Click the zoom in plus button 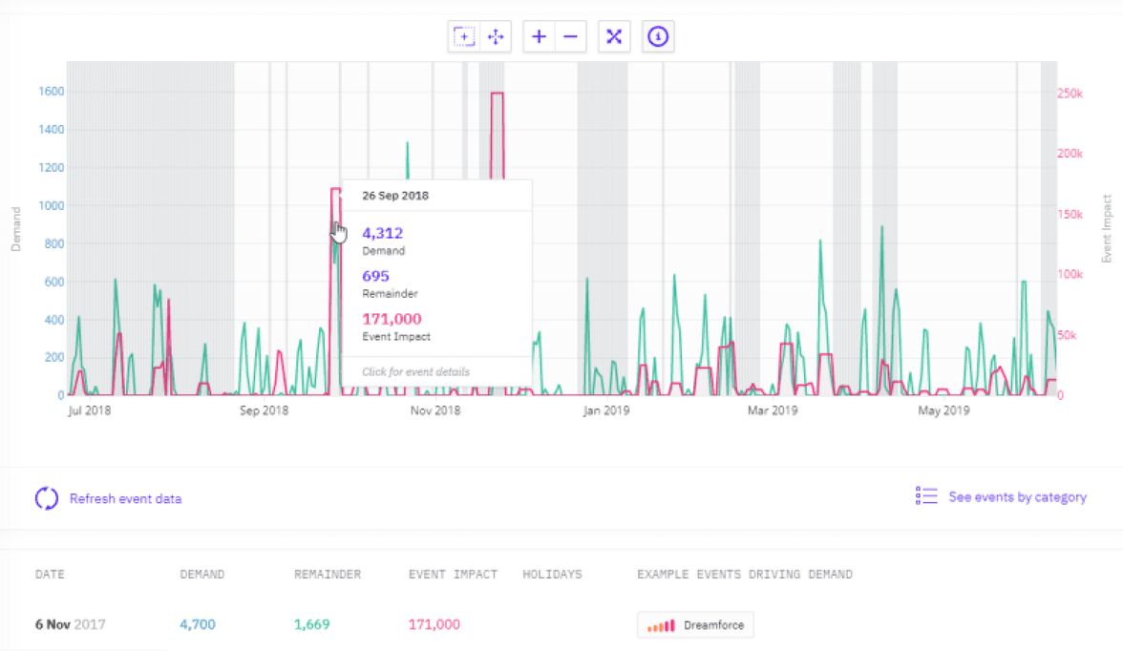[540, 36]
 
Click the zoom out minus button [570, 36]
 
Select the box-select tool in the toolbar [464, 36]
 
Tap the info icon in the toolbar [658, 36]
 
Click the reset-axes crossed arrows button [614, 36]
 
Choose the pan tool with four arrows [496, 36]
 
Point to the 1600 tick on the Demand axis [51, 92]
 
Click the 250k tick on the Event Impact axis [1070, 93]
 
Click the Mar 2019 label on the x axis [772, 411]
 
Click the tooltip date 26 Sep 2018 [395, 196]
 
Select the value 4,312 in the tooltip [382, 233]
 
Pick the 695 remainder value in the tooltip [375, 276]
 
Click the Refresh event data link [125, 498]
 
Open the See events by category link [1017, 496]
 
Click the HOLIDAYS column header [552, 575]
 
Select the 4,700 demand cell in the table [198, 625]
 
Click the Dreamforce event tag [695, 626]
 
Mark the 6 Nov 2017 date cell [70, 625]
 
